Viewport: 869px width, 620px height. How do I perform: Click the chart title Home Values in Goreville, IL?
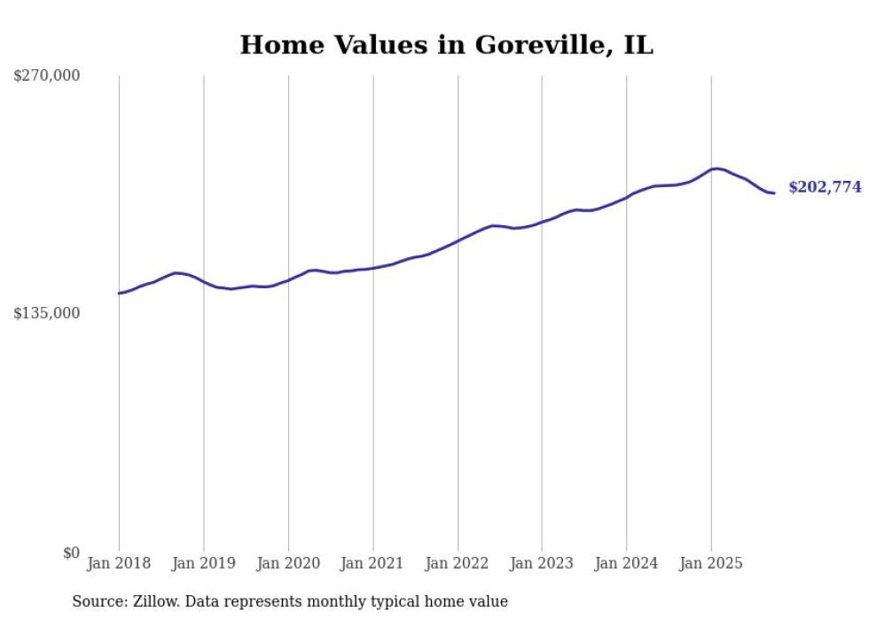coord(446,45)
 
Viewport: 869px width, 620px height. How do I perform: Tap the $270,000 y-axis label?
coord(47,76)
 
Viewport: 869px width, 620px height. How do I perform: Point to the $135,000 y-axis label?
coord(47,313)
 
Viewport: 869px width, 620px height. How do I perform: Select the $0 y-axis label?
coord(71,553)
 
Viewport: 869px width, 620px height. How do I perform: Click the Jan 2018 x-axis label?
coord(119,563)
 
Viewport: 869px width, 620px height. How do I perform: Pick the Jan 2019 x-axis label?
coord(204,563)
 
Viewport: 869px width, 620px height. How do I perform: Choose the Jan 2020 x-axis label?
coord(288,563)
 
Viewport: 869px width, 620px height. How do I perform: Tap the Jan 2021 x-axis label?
coord(372,563)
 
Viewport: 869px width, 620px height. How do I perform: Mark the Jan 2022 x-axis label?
coord(458,563)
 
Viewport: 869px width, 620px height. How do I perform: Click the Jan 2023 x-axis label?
coord(542,563)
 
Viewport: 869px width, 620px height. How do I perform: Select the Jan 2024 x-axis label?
coord(627,563)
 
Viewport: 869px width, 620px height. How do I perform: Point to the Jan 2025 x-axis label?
coord(711,563)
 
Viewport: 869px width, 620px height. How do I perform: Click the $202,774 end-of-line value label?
coord(825,187)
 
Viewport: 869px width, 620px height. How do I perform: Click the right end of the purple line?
coord(774,192)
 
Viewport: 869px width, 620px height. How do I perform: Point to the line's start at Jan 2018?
coord(120,293)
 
